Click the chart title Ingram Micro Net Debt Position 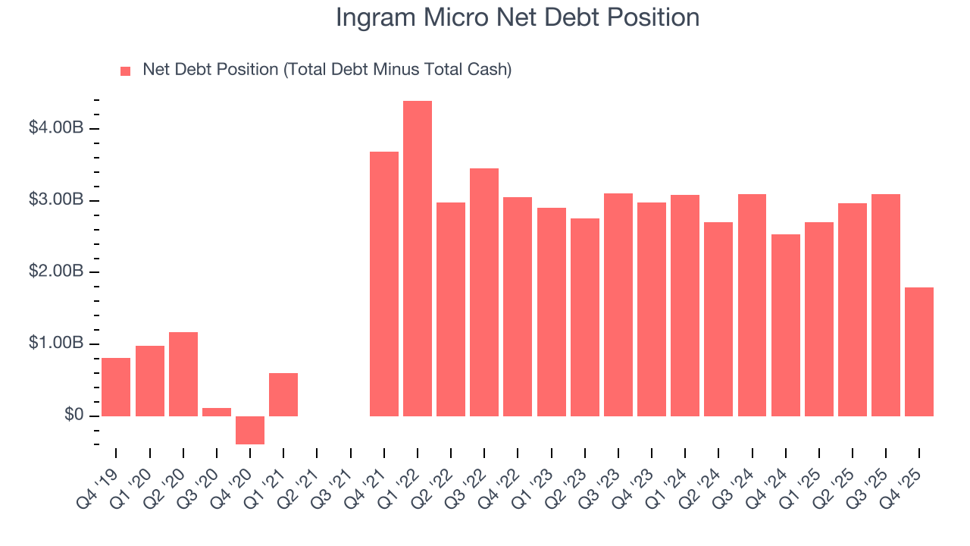518,17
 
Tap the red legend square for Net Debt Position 126,71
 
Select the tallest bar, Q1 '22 418,258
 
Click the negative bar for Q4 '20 250,430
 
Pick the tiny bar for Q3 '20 217,412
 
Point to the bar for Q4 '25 919,352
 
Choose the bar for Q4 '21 384,284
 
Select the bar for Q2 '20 183,374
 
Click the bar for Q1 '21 283,394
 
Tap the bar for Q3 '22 484,292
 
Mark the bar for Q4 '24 786,325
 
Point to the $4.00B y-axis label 55,128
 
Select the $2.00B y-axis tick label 55,271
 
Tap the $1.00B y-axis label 55,344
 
